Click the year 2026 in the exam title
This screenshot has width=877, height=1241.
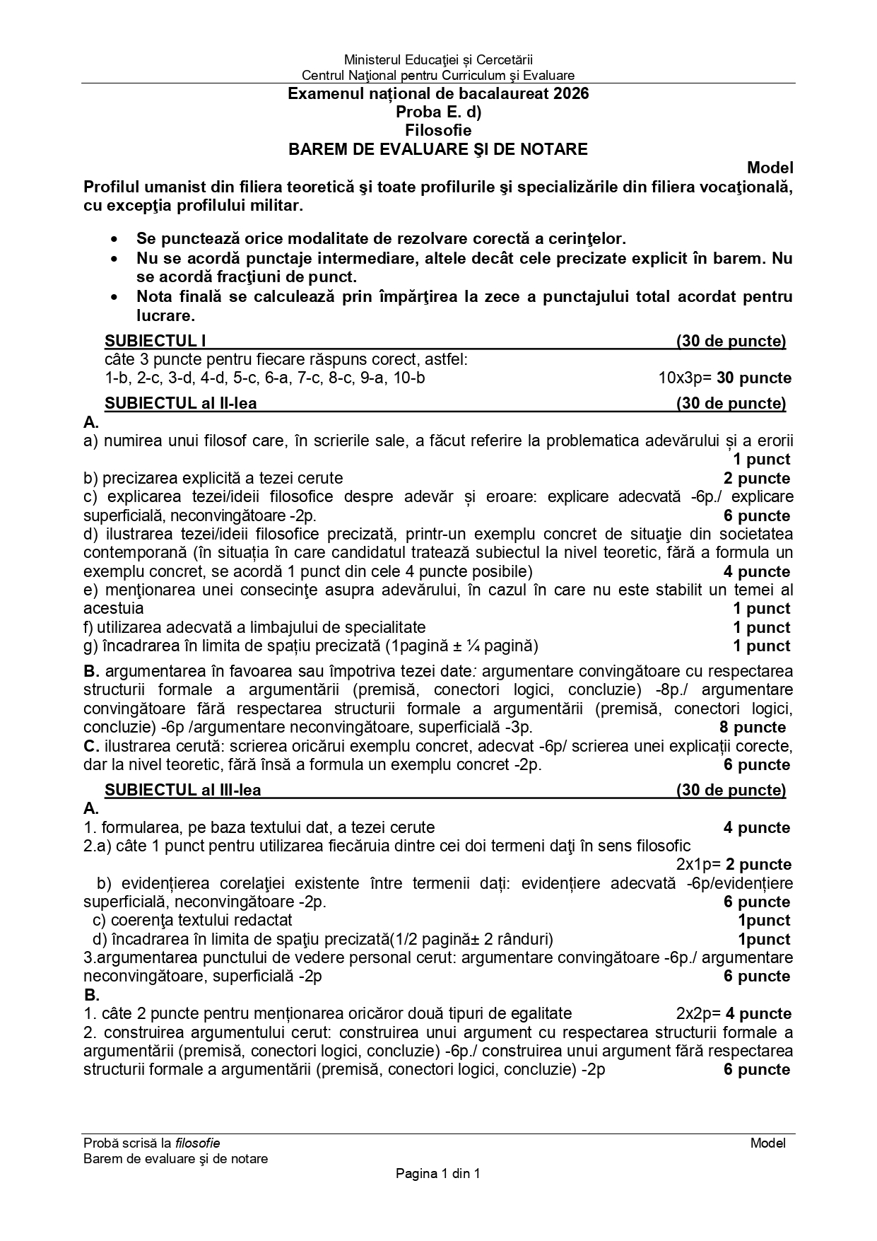point(572,93)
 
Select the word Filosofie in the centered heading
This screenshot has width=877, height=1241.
point(438,130)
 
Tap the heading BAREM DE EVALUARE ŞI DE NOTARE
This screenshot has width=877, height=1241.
point(438,149)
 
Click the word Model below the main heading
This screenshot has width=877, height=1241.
point(770,168)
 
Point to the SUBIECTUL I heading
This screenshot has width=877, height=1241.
point(155,342)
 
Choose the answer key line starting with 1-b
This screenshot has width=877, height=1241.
point(265,378)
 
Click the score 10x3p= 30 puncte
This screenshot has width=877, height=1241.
point(725,378)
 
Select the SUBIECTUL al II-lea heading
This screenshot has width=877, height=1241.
point(181,404)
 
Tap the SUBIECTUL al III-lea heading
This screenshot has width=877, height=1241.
point(183,790)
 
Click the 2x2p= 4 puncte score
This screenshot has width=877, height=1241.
point(734,1013)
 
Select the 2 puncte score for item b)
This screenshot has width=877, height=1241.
point(757,478)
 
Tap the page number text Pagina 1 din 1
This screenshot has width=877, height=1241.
point(438,1174)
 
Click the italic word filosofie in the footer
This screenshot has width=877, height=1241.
point(198,1143)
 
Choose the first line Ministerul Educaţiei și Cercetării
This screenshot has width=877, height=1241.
point(438,60)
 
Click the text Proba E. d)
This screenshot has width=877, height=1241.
point(438,112)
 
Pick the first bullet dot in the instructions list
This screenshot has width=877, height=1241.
point(114,240)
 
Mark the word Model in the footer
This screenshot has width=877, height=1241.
point(768,1143)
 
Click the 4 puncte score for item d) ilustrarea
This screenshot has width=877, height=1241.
point(757,571)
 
